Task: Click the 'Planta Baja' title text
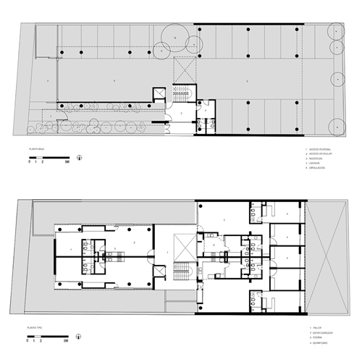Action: tap(34, 148)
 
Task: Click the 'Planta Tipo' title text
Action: tap(34, 328)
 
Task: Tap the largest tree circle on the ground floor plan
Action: tap(177, 36)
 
